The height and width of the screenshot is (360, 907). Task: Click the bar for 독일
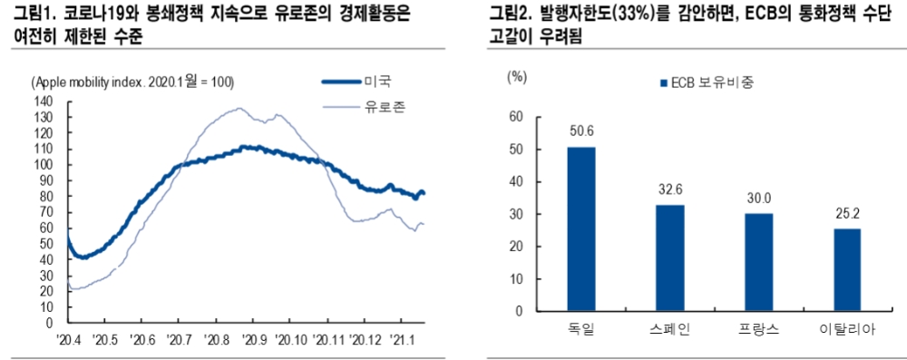point(581,229)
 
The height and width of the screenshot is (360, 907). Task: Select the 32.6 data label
point(669,190)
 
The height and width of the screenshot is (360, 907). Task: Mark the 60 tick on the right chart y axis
point(517,117)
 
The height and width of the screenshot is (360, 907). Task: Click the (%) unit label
point(515,76)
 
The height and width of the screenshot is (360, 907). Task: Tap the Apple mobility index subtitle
point(133,83)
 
